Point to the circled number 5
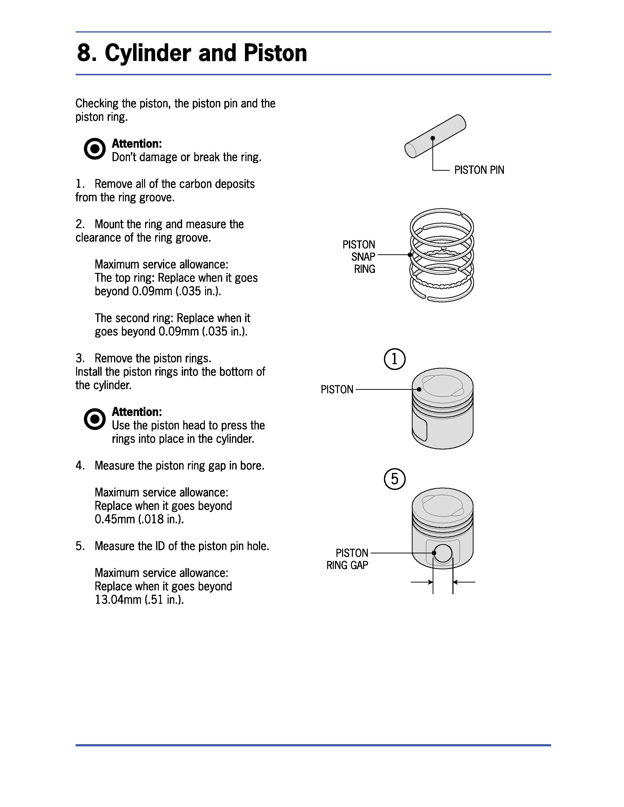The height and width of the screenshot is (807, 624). (394, 479)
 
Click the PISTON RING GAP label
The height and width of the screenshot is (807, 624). (347, 559)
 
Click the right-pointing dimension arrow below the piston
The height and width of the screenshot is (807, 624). (422, 582)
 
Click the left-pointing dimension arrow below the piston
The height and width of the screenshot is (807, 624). (464, 582)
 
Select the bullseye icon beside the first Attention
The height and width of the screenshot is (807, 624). (95, 149)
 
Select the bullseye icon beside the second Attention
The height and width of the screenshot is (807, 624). (95, 419)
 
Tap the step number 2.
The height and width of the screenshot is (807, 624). (80, 224)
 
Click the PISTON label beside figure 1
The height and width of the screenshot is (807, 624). (337, 390)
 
